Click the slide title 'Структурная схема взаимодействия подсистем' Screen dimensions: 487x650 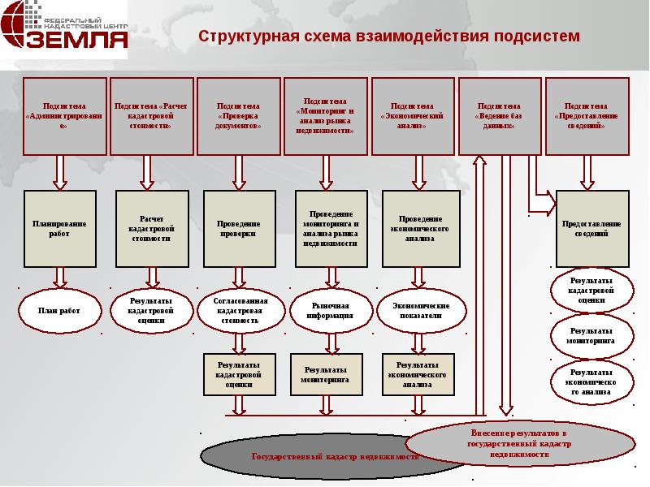click(x=390, y=37)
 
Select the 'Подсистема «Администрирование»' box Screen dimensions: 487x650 click(x=65, y=116)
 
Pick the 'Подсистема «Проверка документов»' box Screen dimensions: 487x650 click(x=239, y=116)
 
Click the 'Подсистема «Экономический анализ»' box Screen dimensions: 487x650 click(x=413, y=116)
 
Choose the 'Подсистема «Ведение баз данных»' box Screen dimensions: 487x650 click(x=500, y=116)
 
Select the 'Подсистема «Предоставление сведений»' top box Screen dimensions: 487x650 click(x=587, y=116)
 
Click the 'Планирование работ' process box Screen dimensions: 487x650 click(x=58, y=228)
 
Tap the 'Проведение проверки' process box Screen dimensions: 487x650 click(x=236, y=228)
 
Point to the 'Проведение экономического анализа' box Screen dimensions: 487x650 click(x=420, y=228)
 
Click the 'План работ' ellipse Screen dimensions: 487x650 click(x=58, y=310)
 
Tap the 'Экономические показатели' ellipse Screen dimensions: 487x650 click(x=420, y=310)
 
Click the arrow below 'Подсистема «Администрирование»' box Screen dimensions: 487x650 click(x=59, y=172)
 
